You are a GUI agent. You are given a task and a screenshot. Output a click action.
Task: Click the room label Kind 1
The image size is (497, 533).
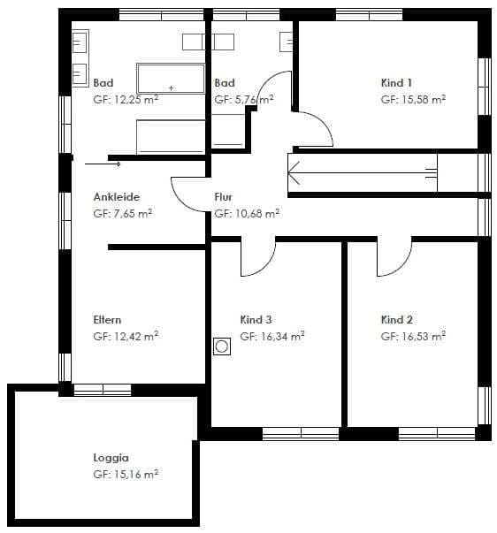396,82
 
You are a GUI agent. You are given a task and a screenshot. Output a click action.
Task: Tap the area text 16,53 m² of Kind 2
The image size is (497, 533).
424,336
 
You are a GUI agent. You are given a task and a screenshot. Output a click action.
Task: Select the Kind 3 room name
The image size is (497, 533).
256,319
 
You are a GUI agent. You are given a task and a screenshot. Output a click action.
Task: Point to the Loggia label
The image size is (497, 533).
111,458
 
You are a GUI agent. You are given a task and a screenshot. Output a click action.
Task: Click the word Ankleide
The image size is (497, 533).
117,197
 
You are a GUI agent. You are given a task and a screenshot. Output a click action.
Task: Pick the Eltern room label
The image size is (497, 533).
107,319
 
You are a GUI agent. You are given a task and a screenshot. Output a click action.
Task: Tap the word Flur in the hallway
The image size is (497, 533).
224,197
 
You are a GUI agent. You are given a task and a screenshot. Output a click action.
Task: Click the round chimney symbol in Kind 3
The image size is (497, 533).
222,346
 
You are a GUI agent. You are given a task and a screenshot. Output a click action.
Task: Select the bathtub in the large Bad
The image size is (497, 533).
171,78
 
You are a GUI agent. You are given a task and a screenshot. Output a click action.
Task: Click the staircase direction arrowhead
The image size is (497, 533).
294,173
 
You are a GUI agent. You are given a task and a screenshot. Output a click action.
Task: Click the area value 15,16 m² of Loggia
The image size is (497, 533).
136,474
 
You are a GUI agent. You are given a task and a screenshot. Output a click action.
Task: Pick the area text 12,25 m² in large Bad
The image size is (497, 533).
136,100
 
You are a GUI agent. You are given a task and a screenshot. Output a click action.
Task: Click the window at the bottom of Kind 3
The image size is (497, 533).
301,434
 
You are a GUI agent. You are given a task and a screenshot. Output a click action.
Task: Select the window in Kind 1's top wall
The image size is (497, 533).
369,15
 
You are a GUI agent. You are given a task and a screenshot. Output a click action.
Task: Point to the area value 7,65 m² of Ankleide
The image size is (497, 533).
133,214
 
